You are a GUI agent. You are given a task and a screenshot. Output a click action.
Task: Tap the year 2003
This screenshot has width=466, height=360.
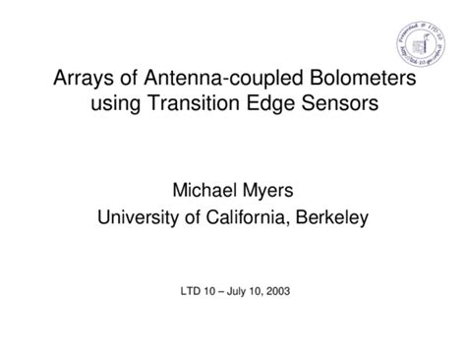[285, 291]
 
